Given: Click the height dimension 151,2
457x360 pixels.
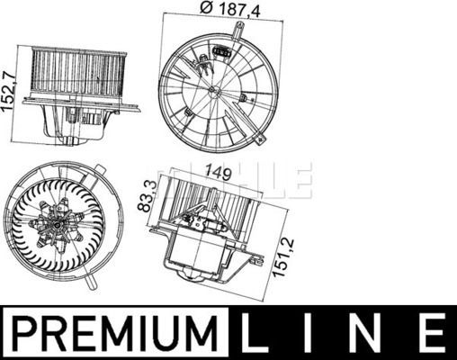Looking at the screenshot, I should [286, 257].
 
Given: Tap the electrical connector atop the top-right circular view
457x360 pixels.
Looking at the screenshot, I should [220, 53].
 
